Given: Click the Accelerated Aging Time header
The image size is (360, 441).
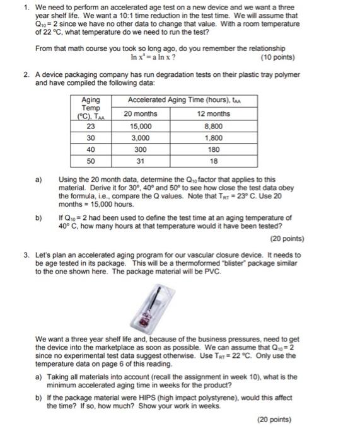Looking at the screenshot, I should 177,101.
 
